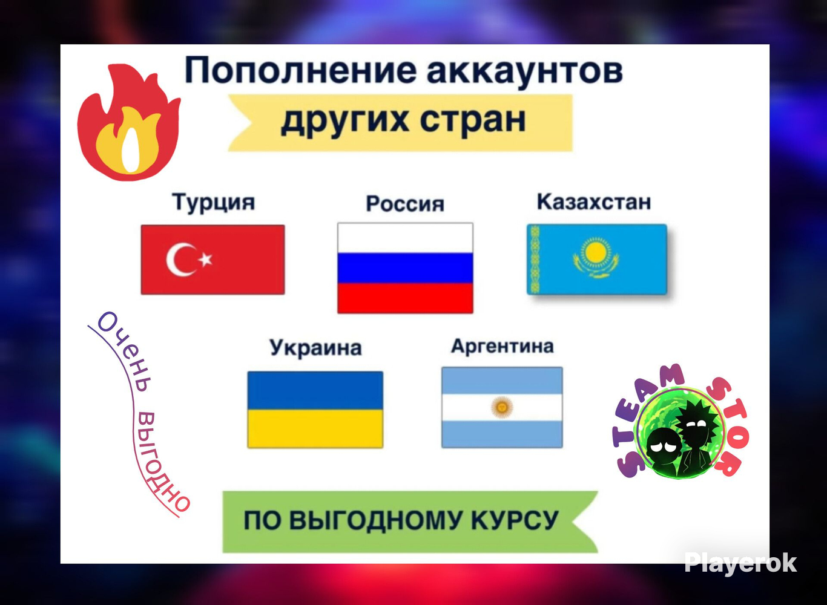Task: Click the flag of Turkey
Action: pos(213,260)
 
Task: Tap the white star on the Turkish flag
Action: pos(206,260)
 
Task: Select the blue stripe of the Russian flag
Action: pos(405,268)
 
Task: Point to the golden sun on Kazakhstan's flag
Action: pos(596,252)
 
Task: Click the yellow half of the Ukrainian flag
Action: pos(315,428)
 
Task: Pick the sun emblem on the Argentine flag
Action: pos(502,407)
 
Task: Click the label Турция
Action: pos(213,203)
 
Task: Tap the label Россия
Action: pos(405,204)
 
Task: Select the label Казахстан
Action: pos(594,202)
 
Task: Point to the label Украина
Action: pos(315,348)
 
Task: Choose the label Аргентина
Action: pos(502,347)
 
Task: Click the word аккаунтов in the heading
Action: pos(525,73)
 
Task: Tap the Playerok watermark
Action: pos(740,563)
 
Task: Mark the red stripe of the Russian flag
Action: pos(405,298)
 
